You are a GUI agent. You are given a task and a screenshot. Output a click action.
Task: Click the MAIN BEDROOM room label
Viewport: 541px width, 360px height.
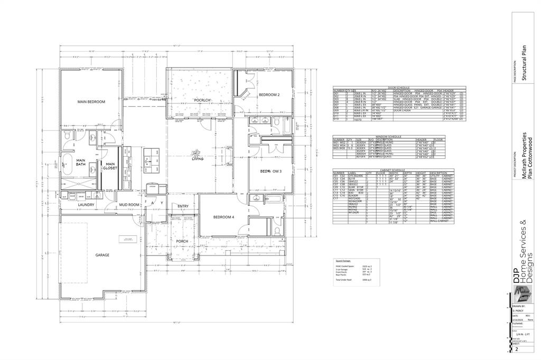coord(91,102)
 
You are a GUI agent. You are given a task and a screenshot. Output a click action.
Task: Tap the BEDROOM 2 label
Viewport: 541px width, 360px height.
coord(269,94)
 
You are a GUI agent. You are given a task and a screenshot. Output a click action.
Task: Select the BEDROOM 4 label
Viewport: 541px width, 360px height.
coord(223,217)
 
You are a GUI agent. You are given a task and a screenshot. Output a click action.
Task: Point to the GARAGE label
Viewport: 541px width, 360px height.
coord(102,255)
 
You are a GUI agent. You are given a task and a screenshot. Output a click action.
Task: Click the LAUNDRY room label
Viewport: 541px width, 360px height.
coord(86,204)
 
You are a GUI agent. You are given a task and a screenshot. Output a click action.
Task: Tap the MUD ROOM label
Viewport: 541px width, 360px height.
coord(128,204)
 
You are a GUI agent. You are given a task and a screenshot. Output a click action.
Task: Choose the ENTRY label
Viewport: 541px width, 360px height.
coord(183,206)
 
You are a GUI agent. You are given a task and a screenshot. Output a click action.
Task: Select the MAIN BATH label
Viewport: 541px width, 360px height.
coord(81,163)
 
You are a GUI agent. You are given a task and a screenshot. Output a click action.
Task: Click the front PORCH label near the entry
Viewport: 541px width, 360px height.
coord(182,241)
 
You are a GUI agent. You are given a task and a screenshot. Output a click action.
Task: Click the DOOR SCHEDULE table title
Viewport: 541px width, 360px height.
coord(399,88)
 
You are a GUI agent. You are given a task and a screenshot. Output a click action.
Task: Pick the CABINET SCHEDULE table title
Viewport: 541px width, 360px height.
coord(391,170)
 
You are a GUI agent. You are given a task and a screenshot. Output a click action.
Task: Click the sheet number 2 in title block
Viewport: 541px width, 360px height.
coord(517,349)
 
